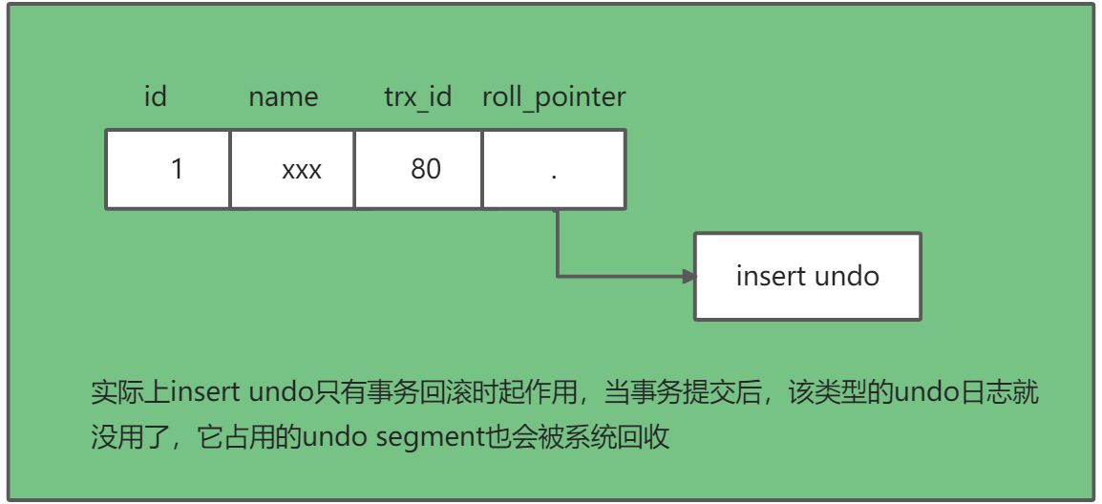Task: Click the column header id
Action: point(155,96)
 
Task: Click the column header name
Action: point(283,96)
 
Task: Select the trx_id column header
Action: point(417,96)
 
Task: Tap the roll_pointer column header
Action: point(554,96)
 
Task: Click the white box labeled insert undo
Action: point(807,276)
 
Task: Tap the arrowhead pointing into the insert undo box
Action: point(688,277)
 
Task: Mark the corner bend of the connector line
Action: point(558,277)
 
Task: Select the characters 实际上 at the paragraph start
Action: point(121,392)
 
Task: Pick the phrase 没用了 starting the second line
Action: point(121,437)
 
